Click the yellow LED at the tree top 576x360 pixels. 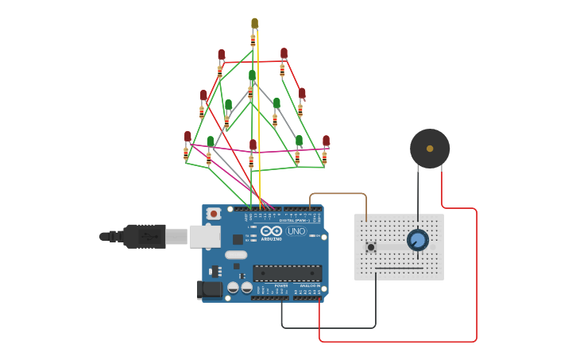(x=254, y=24)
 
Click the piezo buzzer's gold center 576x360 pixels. (x=430, y=149)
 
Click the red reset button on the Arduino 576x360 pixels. (x=214, y=214)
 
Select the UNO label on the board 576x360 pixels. (x=296, y=231)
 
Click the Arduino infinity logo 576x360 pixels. (x=272, y=231)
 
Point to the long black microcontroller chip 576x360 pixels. (x=287, y=273)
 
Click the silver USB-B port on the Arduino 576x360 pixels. (x=204, y=236)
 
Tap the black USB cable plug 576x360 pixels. (x=143, y=236)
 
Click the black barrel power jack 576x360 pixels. (x=209, y=290)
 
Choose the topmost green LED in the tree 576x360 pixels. (x=252, y=75)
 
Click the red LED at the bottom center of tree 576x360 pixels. (x=253, y=145)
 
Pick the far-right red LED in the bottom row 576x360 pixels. (x=326, y=141)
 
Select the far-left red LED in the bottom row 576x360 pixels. (x=187, y=137)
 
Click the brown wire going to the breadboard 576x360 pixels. (x=338, y=194)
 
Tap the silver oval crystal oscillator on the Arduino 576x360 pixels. (x=236, y=255)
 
